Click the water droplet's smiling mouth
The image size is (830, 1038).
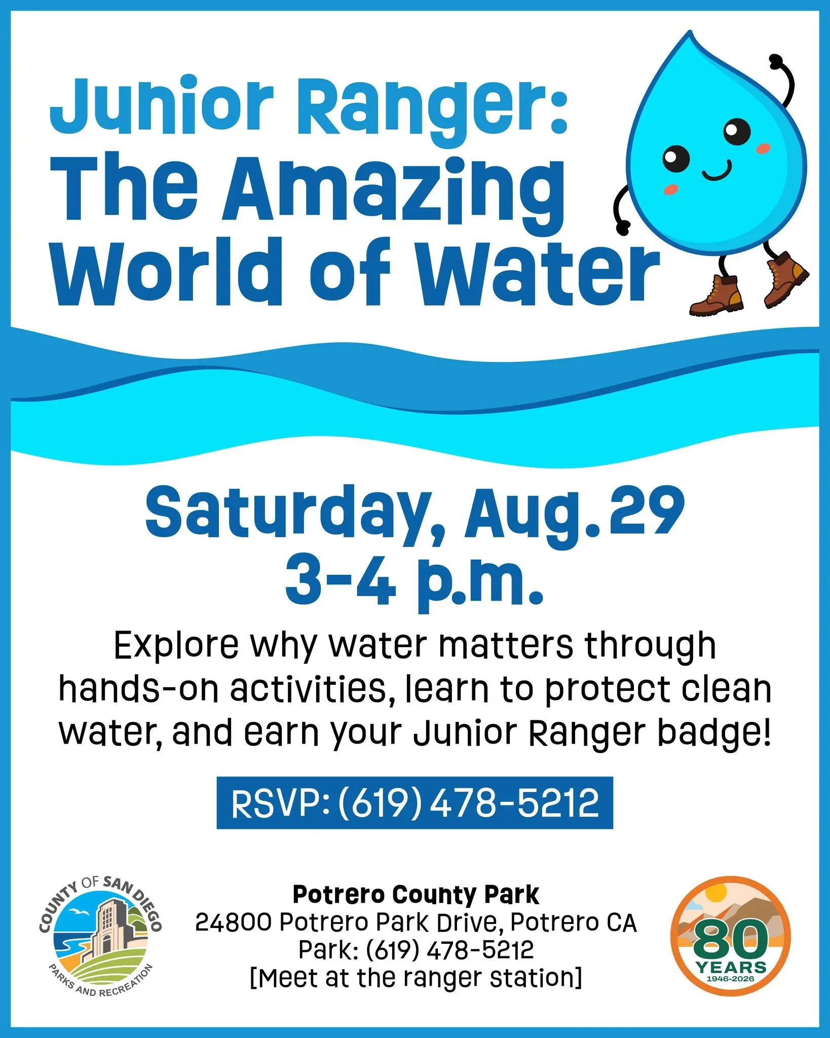tap(716, 171)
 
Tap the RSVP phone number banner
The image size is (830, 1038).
tap(414, 803)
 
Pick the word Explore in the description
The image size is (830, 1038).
tap(176, 645)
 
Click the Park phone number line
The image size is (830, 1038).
tap(416, 950)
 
